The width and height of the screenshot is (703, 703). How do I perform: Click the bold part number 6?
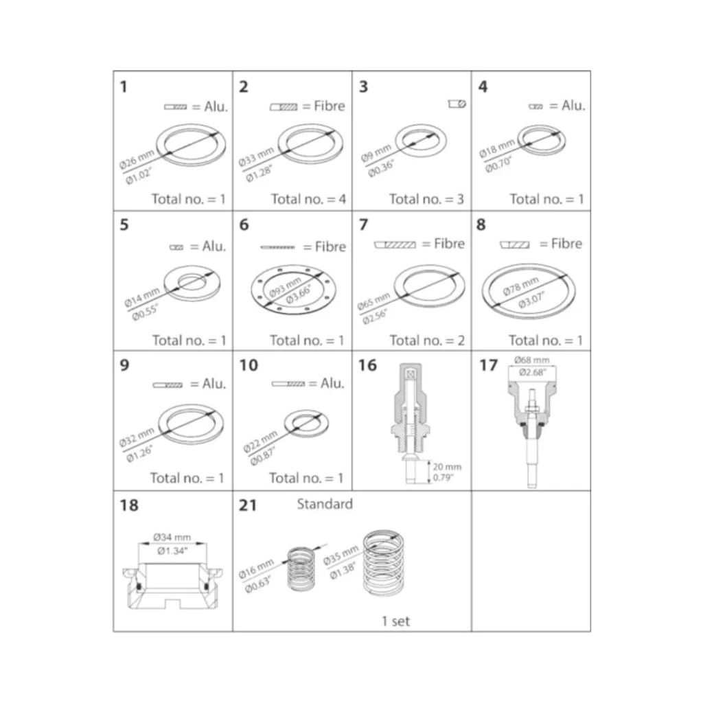tap(244, 224)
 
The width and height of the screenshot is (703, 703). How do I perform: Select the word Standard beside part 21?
tap(325, 504)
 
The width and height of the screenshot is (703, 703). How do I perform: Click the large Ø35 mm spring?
tap(384, 563)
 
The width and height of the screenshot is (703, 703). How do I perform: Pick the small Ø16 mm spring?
tap(301, 568)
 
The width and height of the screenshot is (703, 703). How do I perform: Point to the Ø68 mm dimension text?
tap(532, 360)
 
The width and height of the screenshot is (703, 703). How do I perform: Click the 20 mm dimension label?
tap(447, 467)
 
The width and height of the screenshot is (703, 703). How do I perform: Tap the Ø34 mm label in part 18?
tap(172, 537)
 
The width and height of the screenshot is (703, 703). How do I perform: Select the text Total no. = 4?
tap(308, 199)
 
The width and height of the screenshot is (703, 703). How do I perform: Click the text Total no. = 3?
tap(426, 199)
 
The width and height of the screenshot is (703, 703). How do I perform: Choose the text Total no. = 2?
tap(427, 341)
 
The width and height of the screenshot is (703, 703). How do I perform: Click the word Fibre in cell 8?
tap(566, 244)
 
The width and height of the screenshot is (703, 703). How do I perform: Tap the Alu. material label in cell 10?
tap(332, 383)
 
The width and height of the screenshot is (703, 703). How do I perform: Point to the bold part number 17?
tap(489, 365)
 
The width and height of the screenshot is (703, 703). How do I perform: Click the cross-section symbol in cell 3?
tap(457, 104)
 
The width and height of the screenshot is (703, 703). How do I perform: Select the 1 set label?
tap(395, 621)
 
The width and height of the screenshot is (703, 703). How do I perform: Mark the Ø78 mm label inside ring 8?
tap(520, 286)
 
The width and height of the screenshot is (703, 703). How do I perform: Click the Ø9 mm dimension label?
tap(376, 153)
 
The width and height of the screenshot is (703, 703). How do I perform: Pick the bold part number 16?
tap(367, 365)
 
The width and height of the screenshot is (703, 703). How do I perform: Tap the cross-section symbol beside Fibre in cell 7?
tap(395, 245)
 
